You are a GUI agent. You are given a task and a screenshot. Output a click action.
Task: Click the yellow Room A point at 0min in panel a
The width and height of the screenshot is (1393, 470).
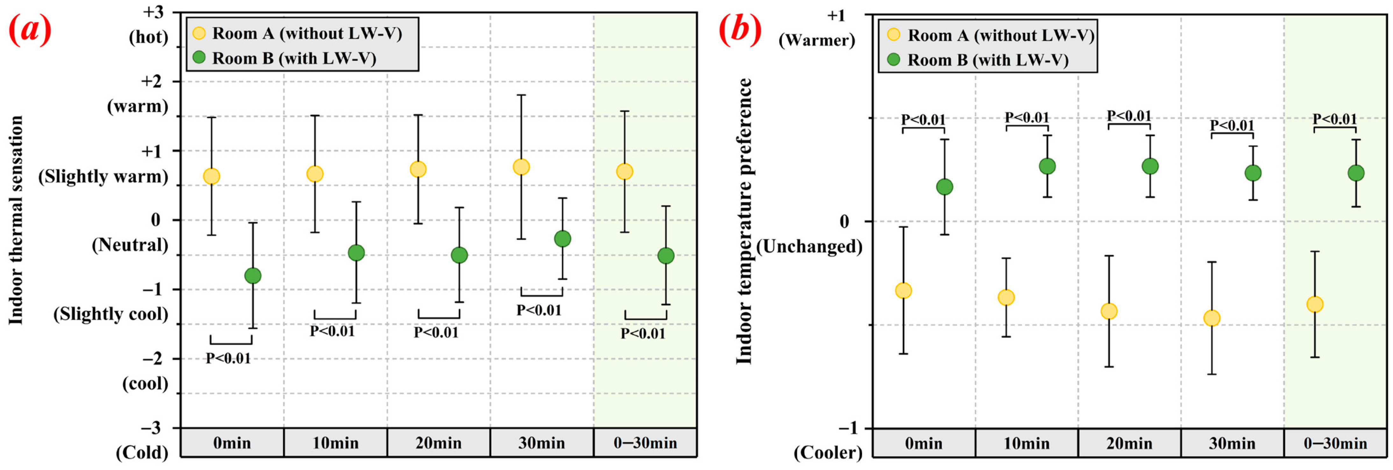tap(211, 176)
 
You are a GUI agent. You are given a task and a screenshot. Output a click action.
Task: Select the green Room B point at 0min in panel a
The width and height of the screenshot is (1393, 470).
tap(253, 276)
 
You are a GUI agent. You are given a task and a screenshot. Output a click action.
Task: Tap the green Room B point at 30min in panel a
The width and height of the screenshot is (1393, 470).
tap(562, 238)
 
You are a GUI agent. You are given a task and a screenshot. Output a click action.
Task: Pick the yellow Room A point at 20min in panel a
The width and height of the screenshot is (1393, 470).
tap(418, 169)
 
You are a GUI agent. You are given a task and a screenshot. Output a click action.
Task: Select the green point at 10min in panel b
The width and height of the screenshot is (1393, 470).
tap(1047, 166)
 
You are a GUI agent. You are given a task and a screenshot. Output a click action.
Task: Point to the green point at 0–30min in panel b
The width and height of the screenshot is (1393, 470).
tap(1356, 173)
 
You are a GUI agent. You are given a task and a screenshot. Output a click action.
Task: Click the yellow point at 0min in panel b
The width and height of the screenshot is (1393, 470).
tap(903, 291)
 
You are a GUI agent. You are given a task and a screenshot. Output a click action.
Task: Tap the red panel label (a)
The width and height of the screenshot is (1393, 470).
tap(30, 30)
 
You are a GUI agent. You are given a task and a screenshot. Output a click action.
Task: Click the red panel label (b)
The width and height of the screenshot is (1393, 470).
tap(740, 30)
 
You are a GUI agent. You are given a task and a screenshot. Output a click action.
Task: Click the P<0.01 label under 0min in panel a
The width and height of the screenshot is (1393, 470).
tap(228, 358)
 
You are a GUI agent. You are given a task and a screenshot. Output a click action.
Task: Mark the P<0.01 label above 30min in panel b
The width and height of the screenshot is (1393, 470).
tap(1232, 125)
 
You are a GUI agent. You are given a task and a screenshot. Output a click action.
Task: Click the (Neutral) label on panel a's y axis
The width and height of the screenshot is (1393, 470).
tap(130, 245)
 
